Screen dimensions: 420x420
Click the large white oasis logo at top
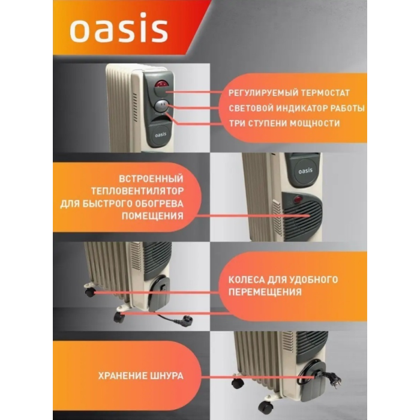coord(118,31)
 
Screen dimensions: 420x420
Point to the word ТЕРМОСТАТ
coord(321,94)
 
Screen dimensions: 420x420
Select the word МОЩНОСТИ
coord(314,123)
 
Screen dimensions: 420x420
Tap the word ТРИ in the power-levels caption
coord(238,123)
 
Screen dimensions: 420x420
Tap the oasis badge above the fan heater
coord(302,170)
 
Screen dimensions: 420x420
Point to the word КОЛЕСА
coord(249,280)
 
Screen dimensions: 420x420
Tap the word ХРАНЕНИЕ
coord(123,376)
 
